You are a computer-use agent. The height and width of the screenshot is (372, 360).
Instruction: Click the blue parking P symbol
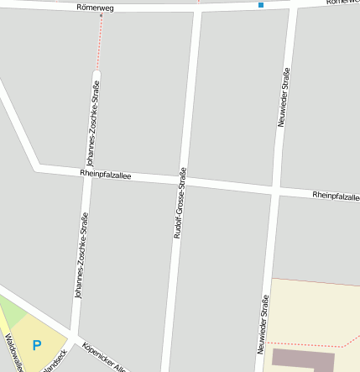coord(36,344)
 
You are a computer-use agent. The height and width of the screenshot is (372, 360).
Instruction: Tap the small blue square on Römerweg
coord(261,5)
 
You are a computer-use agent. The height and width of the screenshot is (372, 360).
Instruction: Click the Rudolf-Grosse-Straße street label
coord(178,204)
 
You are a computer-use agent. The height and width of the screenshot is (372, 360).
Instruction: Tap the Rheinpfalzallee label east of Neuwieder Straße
coord(335,196)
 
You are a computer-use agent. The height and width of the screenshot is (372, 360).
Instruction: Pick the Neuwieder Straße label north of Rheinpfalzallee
coord(284,97)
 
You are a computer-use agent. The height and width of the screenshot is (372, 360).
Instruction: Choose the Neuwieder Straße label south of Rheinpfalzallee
coord(263,322)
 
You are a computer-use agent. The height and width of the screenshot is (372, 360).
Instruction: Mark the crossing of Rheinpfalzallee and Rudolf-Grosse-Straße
coord(185,181)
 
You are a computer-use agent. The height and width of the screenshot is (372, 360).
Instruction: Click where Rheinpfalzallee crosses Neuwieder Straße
coord(277,190)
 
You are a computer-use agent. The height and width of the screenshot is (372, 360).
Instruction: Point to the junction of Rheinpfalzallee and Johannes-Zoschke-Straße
coord(86,171)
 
